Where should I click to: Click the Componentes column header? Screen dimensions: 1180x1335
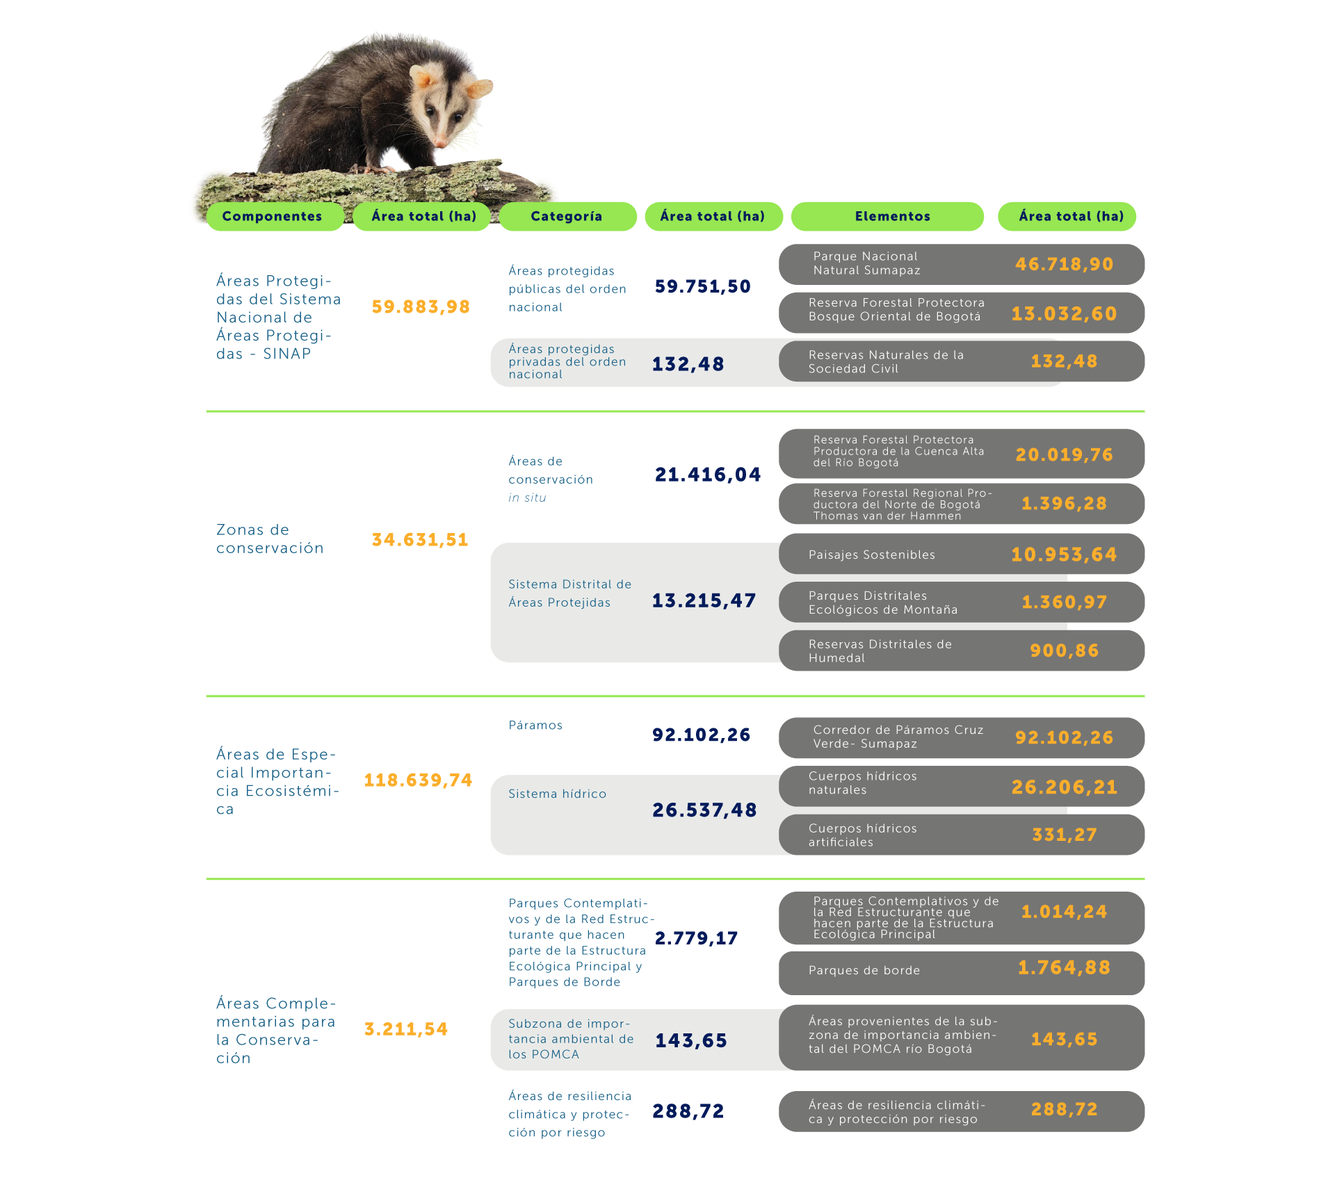point(272,216)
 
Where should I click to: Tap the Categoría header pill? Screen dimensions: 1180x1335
point(566,216)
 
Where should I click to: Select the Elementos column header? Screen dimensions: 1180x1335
point(892,216)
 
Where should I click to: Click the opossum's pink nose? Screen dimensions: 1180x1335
point(440,142)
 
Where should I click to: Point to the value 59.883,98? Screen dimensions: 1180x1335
point(421,306)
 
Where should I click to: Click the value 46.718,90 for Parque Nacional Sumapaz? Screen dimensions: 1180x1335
point(1064,264)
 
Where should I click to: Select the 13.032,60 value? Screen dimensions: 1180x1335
point(1064,313)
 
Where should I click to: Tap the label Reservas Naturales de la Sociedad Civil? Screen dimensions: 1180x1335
point(886,361)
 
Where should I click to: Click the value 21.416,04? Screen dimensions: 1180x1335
point(708,475)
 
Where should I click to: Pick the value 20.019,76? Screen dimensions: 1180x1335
point(1064,454)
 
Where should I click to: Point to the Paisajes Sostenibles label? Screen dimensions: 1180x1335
point(871,555)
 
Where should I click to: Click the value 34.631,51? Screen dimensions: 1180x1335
point(420,539)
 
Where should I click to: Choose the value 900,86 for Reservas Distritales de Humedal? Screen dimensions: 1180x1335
point(1064,650)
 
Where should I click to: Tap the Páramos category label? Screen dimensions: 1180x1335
point(535,725)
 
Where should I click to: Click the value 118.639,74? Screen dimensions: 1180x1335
point(418,780)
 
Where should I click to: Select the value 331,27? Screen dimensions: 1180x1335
point(1064,835)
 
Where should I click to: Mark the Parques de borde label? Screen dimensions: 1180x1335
point(864,970)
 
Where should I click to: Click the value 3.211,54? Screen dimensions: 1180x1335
point(406,1029)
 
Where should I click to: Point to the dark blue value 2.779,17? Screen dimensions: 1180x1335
point(696,938)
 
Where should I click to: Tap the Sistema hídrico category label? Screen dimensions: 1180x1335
point(557,794)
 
